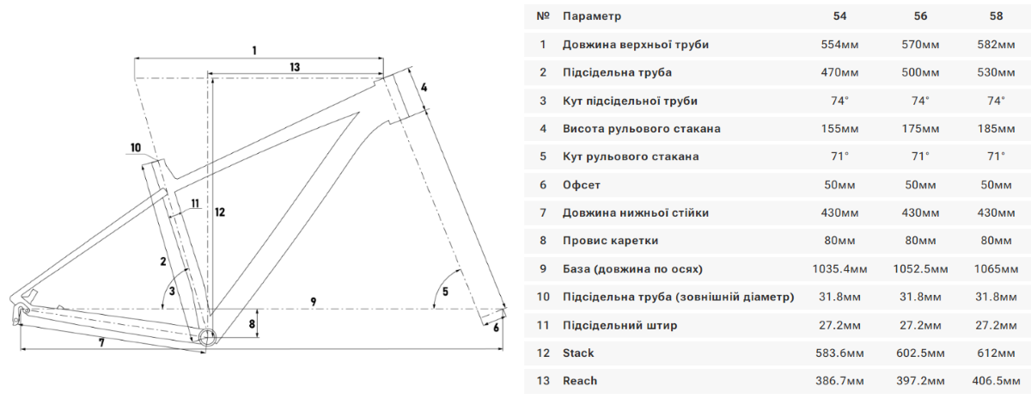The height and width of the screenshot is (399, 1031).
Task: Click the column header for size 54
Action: click(839, 16)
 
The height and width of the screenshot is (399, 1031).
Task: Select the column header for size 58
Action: click(996, 16)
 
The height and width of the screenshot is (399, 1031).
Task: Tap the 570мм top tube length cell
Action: click(920, 45)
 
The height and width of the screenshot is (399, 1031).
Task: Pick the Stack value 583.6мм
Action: click(839, 353)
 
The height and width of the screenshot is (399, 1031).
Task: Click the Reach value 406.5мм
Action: click(996, 381)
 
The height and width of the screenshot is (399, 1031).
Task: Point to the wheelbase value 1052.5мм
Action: click(920, 269)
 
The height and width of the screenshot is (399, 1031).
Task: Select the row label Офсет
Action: click(582, 185)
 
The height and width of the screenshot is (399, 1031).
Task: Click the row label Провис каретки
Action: click(610, 241)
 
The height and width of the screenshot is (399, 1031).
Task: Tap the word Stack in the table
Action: click(578, 353)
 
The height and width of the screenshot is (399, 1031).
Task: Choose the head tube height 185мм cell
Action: click(996, 128)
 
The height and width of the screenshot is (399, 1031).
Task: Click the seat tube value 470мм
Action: click(839, 73)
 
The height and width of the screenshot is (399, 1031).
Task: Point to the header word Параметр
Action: click(592, 16)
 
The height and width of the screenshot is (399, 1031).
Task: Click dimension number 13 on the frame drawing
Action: click(295, 67)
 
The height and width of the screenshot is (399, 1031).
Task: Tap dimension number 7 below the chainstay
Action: click(101, 343)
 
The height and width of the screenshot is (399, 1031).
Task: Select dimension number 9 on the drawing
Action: click(314, 302)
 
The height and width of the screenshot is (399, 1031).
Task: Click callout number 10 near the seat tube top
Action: click(136, 147)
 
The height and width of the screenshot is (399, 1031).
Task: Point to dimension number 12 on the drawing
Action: click(220, 212)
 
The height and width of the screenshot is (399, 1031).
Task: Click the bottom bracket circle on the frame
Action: click(207, 337)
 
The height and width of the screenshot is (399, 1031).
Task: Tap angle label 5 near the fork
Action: click(445, 292)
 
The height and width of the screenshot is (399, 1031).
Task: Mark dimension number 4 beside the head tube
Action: click(424, 87)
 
